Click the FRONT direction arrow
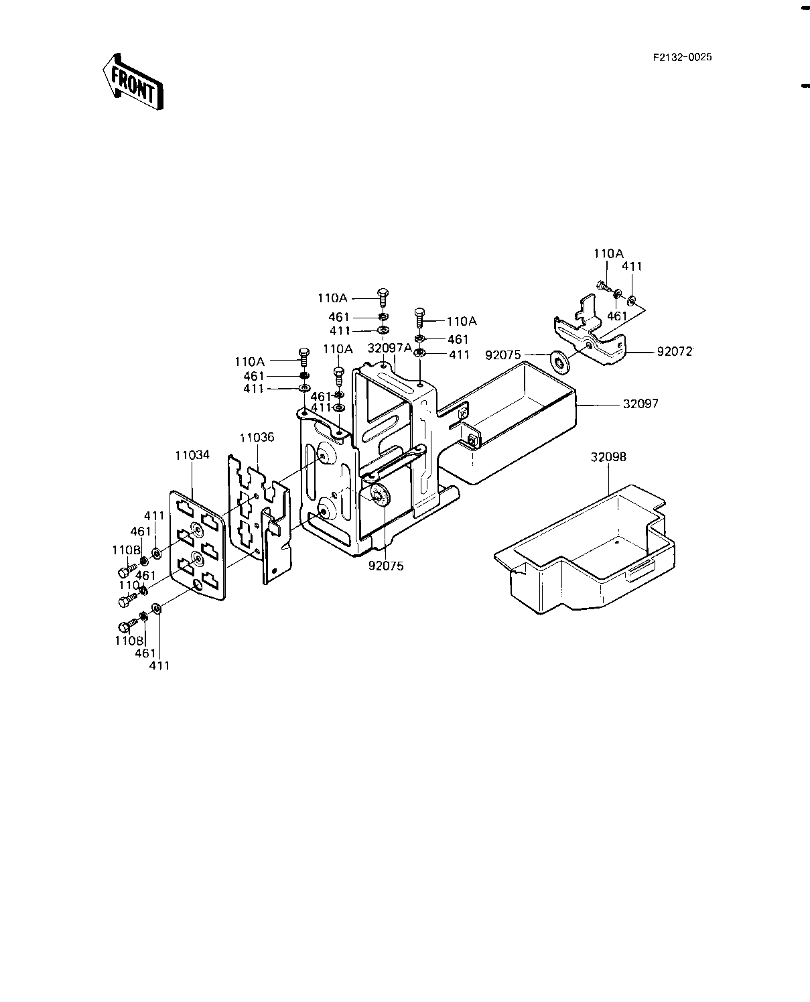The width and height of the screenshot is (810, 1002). coord(133,82)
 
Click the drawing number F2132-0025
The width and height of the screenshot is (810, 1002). coord(682,57)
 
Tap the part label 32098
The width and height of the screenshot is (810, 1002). coord(608,457)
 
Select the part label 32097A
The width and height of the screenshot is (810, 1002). coord(390,348)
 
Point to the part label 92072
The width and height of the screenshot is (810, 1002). coord(675,351)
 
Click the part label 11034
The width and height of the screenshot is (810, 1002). coord(192,455)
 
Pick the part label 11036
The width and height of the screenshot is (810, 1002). coord(257,437)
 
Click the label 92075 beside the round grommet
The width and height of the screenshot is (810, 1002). coord(503,355)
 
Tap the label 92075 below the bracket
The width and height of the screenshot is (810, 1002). coord(386,566)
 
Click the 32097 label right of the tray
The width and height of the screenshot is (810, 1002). coord(640,403)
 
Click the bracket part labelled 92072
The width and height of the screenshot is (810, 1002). coord(590,334)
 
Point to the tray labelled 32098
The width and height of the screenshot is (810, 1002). coord(585,550)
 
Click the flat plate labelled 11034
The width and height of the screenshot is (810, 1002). coord(198,545)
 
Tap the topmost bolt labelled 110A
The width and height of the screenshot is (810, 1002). coord(383,298)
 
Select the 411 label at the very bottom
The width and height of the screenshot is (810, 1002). coord(159,666)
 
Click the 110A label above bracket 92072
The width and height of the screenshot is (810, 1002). coord(608,253)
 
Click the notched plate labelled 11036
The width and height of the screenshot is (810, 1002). coord(259,517)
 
